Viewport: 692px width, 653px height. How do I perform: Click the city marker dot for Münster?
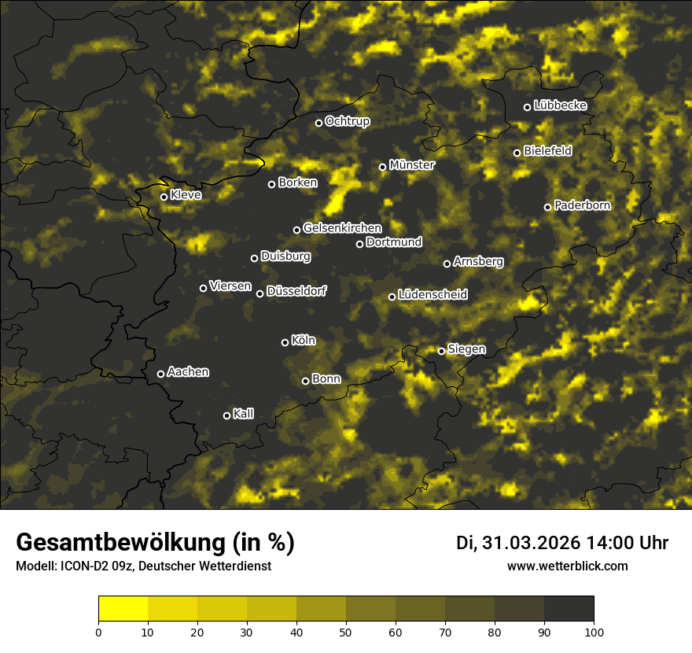click(383, 167)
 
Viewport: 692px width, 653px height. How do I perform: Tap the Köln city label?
click(303, 341)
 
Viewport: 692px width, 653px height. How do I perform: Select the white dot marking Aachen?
click(161, 374)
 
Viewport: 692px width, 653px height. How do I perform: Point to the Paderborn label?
click(582, 205)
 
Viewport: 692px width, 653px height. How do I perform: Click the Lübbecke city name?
click(560, 105)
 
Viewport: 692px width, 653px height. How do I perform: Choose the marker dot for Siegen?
click(442, 351)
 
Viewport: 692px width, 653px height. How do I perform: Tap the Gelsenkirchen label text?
click(342, 228)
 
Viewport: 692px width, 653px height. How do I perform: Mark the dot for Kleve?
click(164, 197)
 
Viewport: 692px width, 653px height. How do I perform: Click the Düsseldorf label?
click(296, 291)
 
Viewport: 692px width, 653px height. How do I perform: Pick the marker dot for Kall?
click(227, 415)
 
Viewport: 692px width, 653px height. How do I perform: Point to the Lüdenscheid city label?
click(432, 295)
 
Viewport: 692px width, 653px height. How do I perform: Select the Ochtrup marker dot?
click(319, 123)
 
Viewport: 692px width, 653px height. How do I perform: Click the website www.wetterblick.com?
click(567, 566)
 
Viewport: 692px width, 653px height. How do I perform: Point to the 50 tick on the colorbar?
click(346, 631)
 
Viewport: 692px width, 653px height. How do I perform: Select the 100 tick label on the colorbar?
click(593, 631)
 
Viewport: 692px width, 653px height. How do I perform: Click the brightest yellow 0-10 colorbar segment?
click(123, 609)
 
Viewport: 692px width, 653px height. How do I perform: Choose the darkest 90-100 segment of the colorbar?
click(569, 609)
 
